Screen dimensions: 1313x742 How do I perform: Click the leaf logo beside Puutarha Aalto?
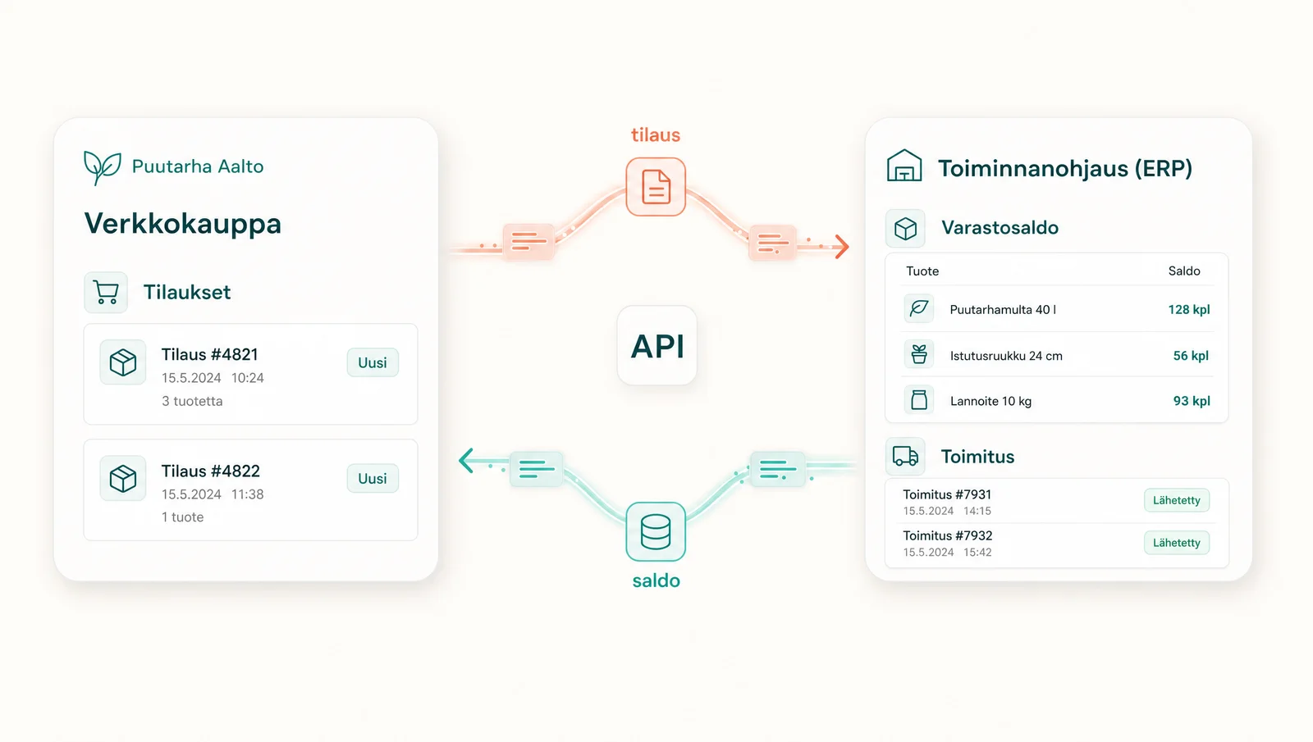pyautogui.click(x=102, y=167)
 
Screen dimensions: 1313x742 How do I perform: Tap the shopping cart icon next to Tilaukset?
pyautogui.click(x=106, y=292)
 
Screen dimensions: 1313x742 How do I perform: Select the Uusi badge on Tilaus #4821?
pyautogui.click(x=373, y=362)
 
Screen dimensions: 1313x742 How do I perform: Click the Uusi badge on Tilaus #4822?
pyautogui.click(x=373, y=479)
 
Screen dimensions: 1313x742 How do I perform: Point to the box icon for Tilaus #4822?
pyautogui.click(x=123, y=479)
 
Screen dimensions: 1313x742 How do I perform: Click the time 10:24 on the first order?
pyautogui.click(x=247, y=378)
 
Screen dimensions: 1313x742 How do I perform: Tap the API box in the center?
pyautogui.click(x=657, y=345)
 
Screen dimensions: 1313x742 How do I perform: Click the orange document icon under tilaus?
pyautogui.click(x=656, y=187)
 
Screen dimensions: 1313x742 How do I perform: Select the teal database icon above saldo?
pyautogui.click(x=656, y=532)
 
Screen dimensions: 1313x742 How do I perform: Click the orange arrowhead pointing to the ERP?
pyautogui.click(x=842, y=247)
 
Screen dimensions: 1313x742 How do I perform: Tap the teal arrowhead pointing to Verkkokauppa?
pyautogui.click(x=466, y=460)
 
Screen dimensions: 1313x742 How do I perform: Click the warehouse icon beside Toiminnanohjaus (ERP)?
pyautogui.click(x=904, y=166)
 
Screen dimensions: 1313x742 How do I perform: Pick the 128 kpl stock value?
pyautogui.click(x=1189, y=309)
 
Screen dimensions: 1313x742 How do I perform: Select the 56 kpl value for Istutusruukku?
pyautogui.click(x=1191, y=356)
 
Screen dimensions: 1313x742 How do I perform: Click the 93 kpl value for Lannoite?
pyautogui.click(x=1191, y=401)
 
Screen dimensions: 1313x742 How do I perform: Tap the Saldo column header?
pyautogui.click(x=1184, y=271)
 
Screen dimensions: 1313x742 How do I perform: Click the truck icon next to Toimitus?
pyautogui.click(x=905, y=456)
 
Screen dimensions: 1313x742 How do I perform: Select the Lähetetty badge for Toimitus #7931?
pyautogui.click(x=1177, y=501)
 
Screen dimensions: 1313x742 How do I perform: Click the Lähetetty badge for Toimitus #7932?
pyautogui.click(x=1177, y=543)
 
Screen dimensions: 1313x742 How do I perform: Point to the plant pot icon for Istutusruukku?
pyautogui.click(x=919, y=354)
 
